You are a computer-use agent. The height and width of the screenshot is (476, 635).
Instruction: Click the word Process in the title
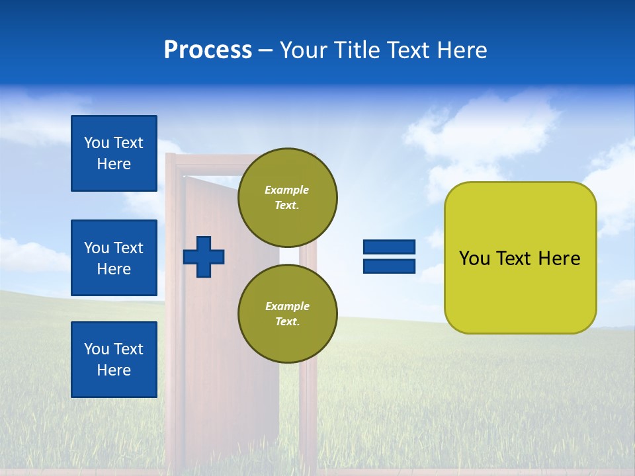[208, 50]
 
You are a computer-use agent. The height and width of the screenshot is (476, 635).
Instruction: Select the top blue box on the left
[114, 153]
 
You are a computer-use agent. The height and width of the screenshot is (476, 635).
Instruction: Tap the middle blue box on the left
[114, 258]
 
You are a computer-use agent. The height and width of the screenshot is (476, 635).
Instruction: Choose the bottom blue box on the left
[114, 360]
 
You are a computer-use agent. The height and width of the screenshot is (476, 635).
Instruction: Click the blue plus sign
[204, 257]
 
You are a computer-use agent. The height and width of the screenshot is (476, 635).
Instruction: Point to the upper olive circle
[287, 197]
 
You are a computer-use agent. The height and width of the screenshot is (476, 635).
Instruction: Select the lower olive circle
[287, 313]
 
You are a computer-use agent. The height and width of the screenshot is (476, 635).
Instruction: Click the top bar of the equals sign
[389, 247]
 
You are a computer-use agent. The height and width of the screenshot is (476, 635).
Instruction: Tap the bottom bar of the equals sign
[389, 266]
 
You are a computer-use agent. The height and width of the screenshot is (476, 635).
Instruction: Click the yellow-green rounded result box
[520, 258]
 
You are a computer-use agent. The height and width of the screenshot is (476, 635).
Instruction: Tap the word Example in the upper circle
[287, 190]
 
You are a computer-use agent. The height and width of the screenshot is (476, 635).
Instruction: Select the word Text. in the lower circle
[287, 321]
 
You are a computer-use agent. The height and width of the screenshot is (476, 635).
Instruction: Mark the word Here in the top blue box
[114, 164]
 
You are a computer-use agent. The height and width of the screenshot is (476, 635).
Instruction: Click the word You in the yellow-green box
[475, 258]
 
